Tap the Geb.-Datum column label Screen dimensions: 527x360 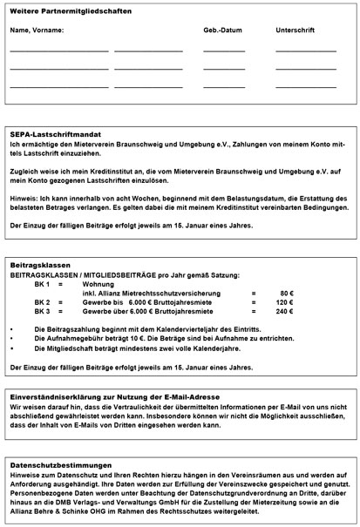(x=223, y=30)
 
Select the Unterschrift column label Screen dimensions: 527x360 (x=295, y=30)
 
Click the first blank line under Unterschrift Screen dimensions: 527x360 (x=305, y=51)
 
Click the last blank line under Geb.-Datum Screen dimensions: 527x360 (x=224, y=86)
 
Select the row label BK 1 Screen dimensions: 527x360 (x=42, y=284)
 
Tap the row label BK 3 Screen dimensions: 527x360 (x=42, y=311)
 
